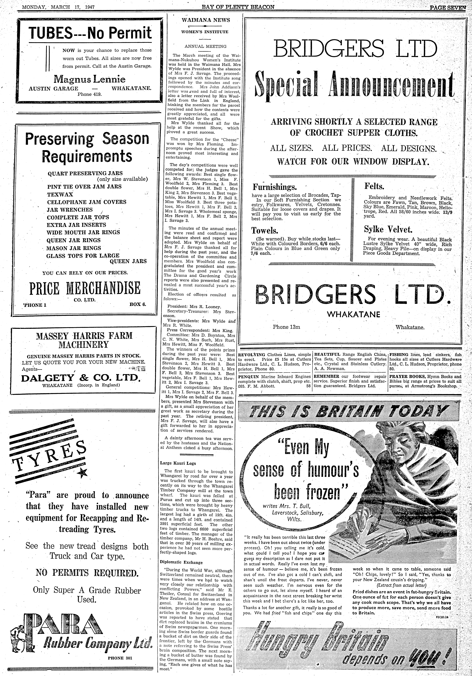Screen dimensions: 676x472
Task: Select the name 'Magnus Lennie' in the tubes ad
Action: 89,79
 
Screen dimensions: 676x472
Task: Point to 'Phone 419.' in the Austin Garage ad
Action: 89,95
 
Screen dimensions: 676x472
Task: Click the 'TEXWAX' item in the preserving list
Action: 60,194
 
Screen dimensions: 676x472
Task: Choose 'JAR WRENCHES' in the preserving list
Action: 70,210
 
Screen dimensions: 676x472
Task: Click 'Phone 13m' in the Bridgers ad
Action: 286,327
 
